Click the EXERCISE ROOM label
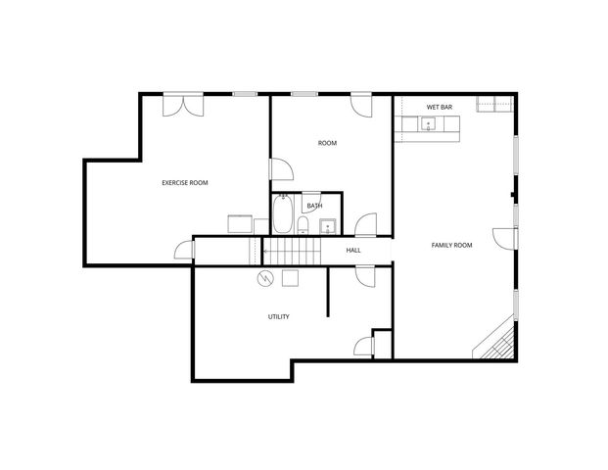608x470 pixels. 184,183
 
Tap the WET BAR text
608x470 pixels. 439,107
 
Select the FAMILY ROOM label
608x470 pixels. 451,245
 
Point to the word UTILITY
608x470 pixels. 278,316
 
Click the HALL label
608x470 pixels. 352,250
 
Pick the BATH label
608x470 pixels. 314,206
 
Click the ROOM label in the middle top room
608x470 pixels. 327,143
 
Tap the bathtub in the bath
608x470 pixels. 283,215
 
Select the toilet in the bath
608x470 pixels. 304,227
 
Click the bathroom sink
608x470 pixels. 327,228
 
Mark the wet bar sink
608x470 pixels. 428,123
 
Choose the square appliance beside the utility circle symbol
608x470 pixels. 290,279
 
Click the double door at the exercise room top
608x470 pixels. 182,103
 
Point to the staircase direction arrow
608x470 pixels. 266,251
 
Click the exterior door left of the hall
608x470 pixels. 184,251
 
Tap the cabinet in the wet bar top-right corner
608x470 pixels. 494,104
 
